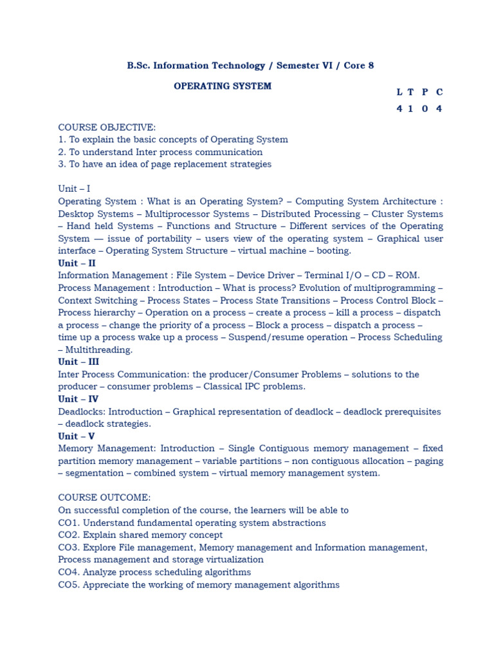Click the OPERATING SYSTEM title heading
pos(223,86)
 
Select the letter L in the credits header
pos(399,92)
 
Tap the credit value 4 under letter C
pos(439,109)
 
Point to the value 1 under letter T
pos(412,109)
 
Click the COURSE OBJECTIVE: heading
pos(107,127)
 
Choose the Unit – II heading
pos(77,263)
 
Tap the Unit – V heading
pos(76,436)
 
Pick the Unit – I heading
pos(74,189)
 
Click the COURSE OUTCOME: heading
pos(104,498)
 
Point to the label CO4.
pos(69,572)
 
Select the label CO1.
pos(69,523)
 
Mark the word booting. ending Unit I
pos(334,251)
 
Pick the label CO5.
pos(69,585)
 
